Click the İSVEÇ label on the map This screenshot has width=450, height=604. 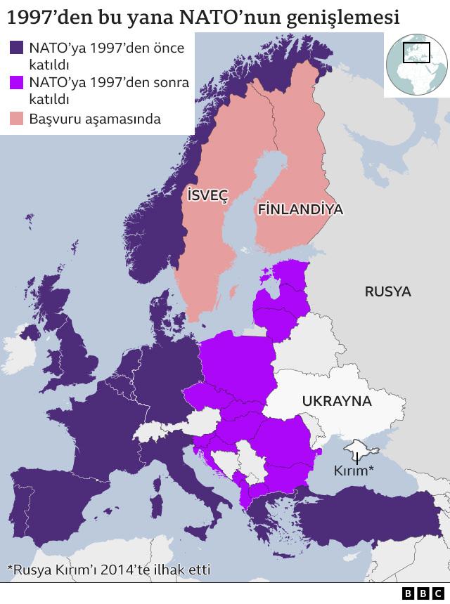click(x=207, y=195)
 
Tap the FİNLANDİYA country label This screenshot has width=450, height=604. click(x=300, y=209)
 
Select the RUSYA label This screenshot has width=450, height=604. click(x=387, y=291)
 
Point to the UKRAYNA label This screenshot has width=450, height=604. click(x=336, y=401)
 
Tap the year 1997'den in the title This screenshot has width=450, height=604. click(x=48, y=15)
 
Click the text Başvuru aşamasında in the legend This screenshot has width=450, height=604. click(x=95, y=119)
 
